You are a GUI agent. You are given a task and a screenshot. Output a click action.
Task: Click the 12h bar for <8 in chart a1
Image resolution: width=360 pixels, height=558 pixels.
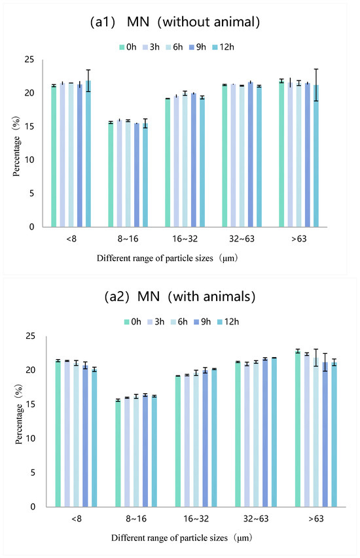coord(88,154)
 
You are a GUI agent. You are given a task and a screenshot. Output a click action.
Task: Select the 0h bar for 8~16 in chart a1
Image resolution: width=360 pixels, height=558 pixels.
coord(111,175)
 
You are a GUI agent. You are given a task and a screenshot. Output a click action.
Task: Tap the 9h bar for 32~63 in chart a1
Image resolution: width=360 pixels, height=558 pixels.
coord(251,154)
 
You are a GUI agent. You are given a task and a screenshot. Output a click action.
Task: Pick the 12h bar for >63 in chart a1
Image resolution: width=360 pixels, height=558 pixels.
coord(316,156)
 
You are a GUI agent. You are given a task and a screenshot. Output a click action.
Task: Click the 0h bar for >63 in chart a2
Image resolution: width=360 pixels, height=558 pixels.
coord(298,429)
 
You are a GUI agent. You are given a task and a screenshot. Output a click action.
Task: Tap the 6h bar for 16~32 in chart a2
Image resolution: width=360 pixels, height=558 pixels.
coord(196,440)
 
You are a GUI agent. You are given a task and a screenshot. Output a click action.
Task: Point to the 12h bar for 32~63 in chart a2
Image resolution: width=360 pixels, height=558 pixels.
coord(274,432)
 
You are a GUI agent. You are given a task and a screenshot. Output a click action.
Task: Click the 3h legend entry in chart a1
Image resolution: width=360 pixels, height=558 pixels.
coord(151,47)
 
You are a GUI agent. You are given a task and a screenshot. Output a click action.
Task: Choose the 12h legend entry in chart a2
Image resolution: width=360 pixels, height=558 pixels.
coord(228,322)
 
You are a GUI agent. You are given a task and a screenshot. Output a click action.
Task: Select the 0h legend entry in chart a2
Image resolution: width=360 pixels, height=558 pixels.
coord(132,322)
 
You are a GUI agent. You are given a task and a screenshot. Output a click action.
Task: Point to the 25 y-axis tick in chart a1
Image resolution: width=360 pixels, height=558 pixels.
coord(29,60)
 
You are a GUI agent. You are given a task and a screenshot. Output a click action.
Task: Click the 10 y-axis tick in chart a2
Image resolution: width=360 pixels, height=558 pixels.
coord(31,438)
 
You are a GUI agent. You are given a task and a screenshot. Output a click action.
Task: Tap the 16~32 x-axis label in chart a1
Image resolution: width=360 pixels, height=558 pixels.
coord(185,239)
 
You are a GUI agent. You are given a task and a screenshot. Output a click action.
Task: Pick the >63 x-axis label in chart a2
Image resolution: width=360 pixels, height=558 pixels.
coord(316,519)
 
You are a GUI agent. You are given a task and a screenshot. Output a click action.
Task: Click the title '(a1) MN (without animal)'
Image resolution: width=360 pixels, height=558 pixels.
coord(175,22)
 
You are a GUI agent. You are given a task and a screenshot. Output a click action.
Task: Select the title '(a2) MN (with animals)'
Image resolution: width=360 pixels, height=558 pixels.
coord(180,296)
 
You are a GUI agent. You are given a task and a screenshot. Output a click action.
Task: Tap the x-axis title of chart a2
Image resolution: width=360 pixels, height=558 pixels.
coord(182,538)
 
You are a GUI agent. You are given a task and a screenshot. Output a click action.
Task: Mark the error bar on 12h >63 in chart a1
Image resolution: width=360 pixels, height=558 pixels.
coord(316,85)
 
